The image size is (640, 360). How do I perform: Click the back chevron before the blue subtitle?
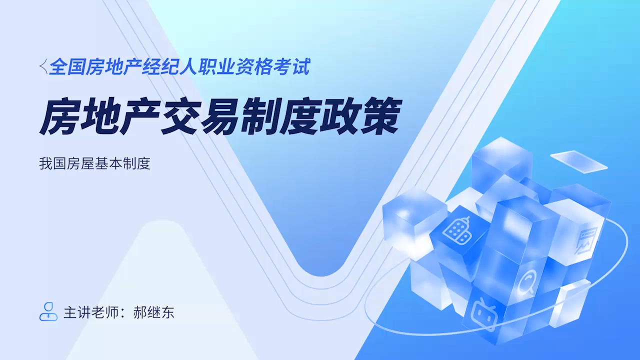click(x=43, y=66)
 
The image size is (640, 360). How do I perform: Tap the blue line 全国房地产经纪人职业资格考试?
click(x=179, y=67)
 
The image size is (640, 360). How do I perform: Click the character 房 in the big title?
click(x=58, y=116)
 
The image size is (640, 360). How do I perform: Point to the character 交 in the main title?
click(x=179, y=116)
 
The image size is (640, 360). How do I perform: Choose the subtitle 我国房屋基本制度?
click(x=94, y=163)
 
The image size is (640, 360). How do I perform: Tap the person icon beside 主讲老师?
click(x=48, y=311)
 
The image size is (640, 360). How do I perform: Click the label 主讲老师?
click(x=91, y=312)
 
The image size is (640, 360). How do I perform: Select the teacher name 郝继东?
click(x=153, y=312)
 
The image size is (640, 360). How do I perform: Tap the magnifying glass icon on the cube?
click(x=526, y=281)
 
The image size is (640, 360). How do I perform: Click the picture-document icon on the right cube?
click(x=586, y=240)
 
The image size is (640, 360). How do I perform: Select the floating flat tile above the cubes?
click(x=579, y=161)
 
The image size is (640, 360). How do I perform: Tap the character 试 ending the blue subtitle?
click(x=301, y=67)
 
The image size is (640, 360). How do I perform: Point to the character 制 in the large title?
click(x=260, y=116)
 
